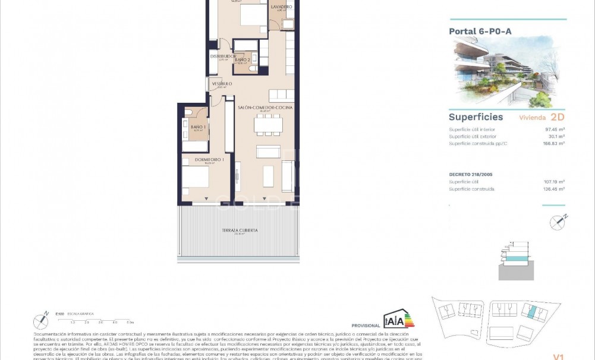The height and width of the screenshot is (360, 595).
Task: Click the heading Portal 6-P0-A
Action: pyautogui.click(x=480, y=31)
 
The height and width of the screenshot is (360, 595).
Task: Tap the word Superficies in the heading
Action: pyautogui.click(x=476, y=117)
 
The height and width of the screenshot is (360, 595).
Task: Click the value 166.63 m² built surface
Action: pyautogui.click(x=555, y=143)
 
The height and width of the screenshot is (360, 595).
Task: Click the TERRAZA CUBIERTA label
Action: pyautogui.click(x=240, y=230)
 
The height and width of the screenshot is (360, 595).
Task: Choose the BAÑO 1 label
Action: pyautogui.click(x=198, y=127)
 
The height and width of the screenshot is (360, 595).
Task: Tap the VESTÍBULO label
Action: pyautogui.click(x=222, y=84)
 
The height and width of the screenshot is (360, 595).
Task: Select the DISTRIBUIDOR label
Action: pyautogui.click(x=223, y=56)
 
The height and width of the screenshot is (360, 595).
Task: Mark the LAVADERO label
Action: pyautogui.click(x=281, y=7)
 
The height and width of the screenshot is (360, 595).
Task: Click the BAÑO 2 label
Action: pyautogui.click(x=241, y=59)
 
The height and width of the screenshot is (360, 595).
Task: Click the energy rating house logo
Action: pyautogui.click(x=398, y=319)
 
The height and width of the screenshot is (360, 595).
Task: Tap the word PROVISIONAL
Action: pyautogui.click(x=366, y=326)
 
